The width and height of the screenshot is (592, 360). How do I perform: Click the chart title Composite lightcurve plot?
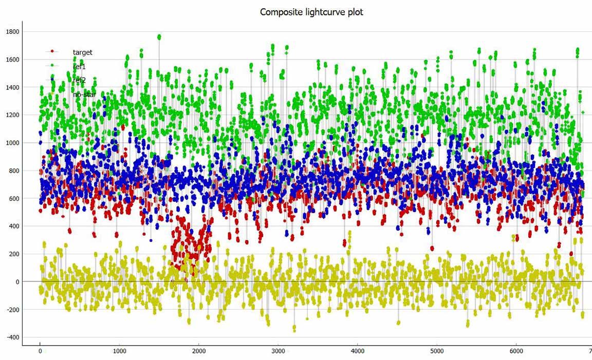311,12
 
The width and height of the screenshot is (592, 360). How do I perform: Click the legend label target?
82,52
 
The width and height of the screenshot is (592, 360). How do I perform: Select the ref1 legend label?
79,66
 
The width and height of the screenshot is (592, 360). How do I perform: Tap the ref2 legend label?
79,80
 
